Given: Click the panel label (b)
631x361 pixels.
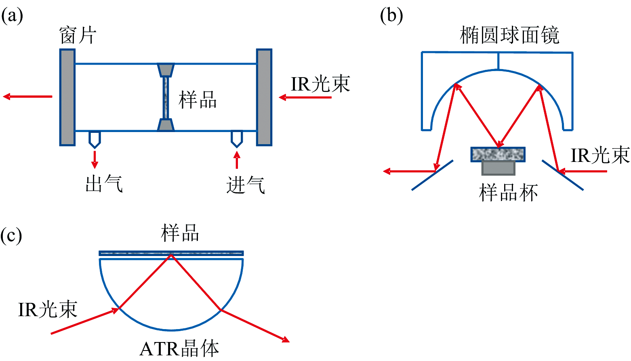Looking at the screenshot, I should [391, 16].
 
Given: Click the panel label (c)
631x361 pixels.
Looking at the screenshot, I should [11, 235].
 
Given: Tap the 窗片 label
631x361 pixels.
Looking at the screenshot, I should [78, 36].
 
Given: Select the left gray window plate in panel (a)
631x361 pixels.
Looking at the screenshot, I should [67, 97].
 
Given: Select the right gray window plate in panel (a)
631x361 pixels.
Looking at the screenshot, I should [264, 97].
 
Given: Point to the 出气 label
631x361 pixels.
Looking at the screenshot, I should [104, 184].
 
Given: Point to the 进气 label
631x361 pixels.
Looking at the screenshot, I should [245, 185].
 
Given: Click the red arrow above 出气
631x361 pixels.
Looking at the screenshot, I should [95, 159].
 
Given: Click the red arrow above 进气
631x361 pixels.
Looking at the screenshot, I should [237, 160].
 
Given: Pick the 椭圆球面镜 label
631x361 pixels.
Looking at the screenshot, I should [509, 36].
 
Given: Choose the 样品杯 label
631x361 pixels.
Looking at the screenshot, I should [508, 193].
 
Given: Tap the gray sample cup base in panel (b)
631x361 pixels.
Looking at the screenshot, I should [498, 168].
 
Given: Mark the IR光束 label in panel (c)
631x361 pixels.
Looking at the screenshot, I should [48, 310].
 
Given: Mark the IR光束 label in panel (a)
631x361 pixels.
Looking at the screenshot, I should [320, 84].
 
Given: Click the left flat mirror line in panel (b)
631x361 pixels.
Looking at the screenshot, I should [432, 175].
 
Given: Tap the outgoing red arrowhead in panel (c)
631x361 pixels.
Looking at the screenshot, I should [286, 340].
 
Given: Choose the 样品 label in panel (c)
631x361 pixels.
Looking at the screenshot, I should [180, 233].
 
